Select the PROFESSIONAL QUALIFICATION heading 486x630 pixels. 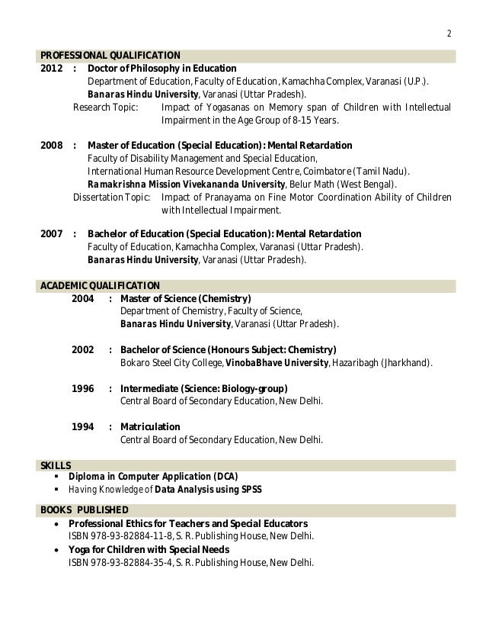tap(110, 55)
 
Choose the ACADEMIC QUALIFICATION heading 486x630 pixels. tap(99, 286)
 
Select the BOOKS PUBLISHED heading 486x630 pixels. tap(85, 509)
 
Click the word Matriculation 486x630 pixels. tap(150, 427)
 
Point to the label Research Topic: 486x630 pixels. tap(105, 107)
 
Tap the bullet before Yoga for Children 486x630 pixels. tap(58, 550)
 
